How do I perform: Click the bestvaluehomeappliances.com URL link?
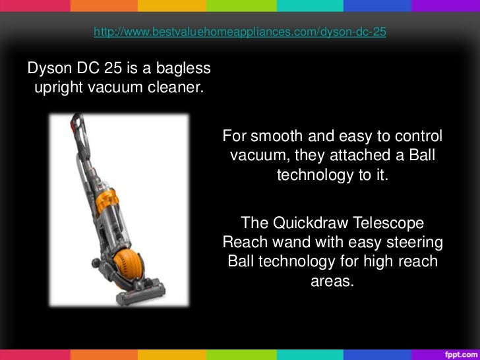tap(239, 32)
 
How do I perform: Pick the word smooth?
tap(271, 136)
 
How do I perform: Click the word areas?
tap(332, 281)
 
